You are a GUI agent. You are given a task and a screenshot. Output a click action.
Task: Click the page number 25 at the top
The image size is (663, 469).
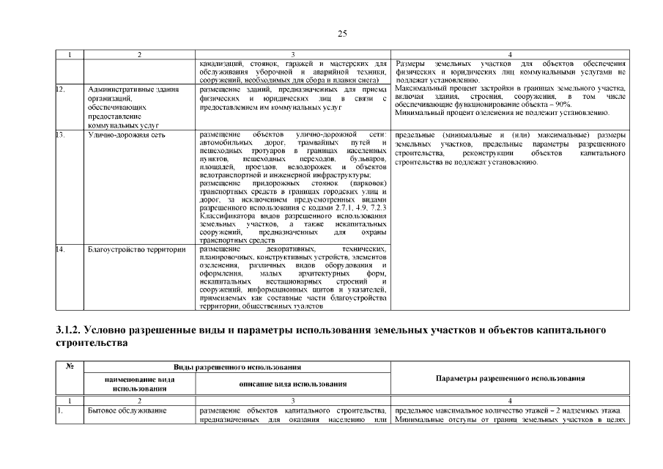[x=342, y=33]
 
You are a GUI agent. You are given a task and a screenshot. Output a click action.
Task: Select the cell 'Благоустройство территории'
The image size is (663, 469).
[x=133, y=249]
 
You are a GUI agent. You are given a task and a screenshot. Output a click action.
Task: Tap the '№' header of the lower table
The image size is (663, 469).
[x=70, y=366]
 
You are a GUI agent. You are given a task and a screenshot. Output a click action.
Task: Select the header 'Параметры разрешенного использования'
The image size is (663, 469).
[x=510, y=378]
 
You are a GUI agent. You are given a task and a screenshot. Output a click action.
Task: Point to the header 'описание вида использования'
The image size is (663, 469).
[x=293, y=384]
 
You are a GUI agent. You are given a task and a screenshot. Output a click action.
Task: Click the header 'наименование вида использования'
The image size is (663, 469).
[x=139, y=384]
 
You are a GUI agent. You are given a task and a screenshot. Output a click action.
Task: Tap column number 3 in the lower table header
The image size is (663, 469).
[x=293, y=400]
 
